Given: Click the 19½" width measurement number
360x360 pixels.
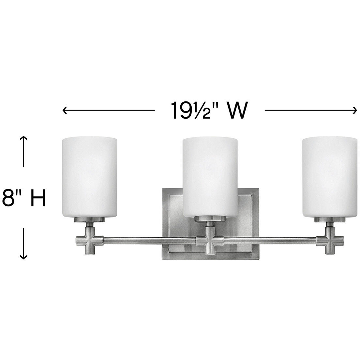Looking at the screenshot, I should [191, 111].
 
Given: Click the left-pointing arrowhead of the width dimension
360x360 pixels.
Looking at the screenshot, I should [65, 111].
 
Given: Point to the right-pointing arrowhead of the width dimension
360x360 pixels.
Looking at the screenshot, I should [355, 111].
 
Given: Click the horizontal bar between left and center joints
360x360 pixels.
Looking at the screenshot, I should [148, 241].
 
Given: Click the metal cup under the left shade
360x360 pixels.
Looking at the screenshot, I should [89, 219].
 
